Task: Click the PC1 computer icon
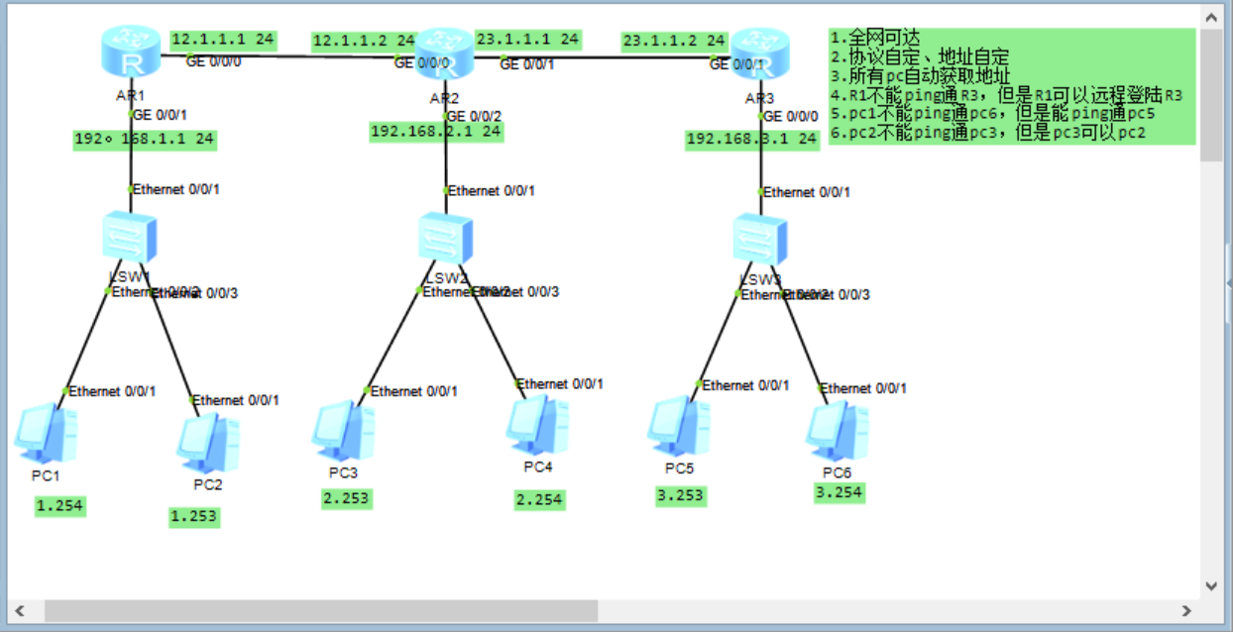(46, 434)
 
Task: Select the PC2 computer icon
(207, 445)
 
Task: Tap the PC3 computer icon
(343, 432)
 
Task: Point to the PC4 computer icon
(537, 427)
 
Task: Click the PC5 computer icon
(679, 428)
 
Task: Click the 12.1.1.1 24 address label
(223, 40)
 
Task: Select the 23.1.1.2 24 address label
(674, 41)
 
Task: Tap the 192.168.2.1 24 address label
(435, 132)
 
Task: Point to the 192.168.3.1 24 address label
(752, 140)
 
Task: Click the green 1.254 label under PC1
(59, 506)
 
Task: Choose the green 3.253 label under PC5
(680, 495)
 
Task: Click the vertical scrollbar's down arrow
(1210, 586)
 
